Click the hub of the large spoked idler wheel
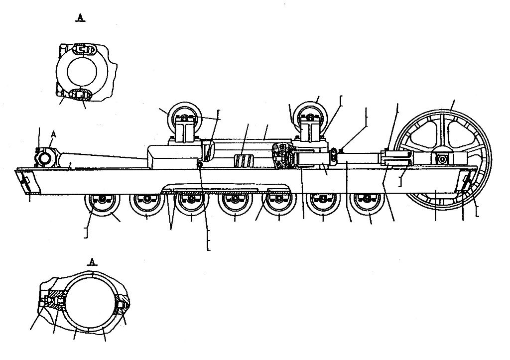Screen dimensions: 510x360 tap(443, 159)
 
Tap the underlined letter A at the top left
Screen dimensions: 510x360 tap(80, 17)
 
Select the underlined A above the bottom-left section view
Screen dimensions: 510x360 tap(93, 261)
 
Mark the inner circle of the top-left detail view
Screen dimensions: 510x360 tap(83, 72)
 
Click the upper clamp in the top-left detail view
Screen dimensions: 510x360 tap(84, 50)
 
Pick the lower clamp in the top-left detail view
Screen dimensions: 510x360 tap(81, 95)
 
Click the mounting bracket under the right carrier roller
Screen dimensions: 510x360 tap(310, 141)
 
